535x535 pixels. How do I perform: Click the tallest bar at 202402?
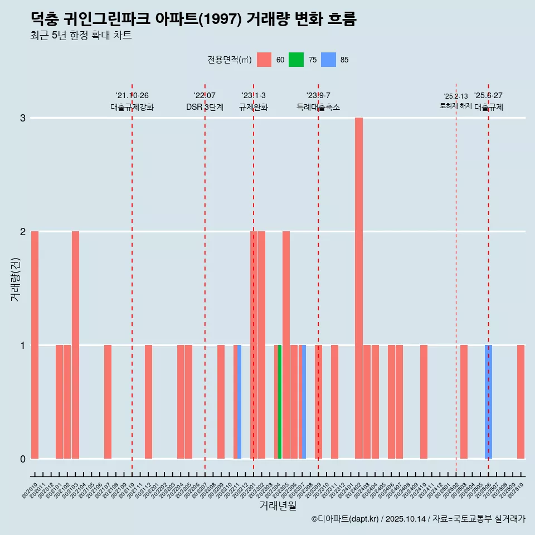click(359, 288)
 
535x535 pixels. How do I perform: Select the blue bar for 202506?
click(488, 402)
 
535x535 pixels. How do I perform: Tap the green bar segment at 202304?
click(280, 402)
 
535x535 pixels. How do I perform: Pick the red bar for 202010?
click(35, 345)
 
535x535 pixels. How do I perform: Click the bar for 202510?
click(521, 402)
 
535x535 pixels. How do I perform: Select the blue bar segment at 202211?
click(240, 402)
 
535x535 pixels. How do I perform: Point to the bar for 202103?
click(75, 345)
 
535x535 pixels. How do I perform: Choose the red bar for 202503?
click(464, 402)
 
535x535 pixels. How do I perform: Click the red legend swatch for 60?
click(264, 60)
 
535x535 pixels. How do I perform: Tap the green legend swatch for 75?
click(296, 60)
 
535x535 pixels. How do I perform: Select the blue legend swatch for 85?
click(328, 60)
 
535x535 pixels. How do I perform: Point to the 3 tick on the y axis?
click(23, 118)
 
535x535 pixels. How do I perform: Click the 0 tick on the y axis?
click(23, 459)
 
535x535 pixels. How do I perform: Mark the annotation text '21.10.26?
click(132, 95)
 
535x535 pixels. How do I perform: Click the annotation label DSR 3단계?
click(205, 107)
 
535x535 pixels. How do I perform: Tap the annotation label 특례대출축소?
click(318, 107)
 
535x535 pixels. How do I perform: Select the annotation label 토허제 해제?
click(456, 106)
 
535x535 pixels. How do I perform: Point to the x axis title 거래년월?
click(278, 505)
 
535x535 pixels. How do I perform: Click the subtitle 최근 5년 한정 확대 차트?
click(81, 36)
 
